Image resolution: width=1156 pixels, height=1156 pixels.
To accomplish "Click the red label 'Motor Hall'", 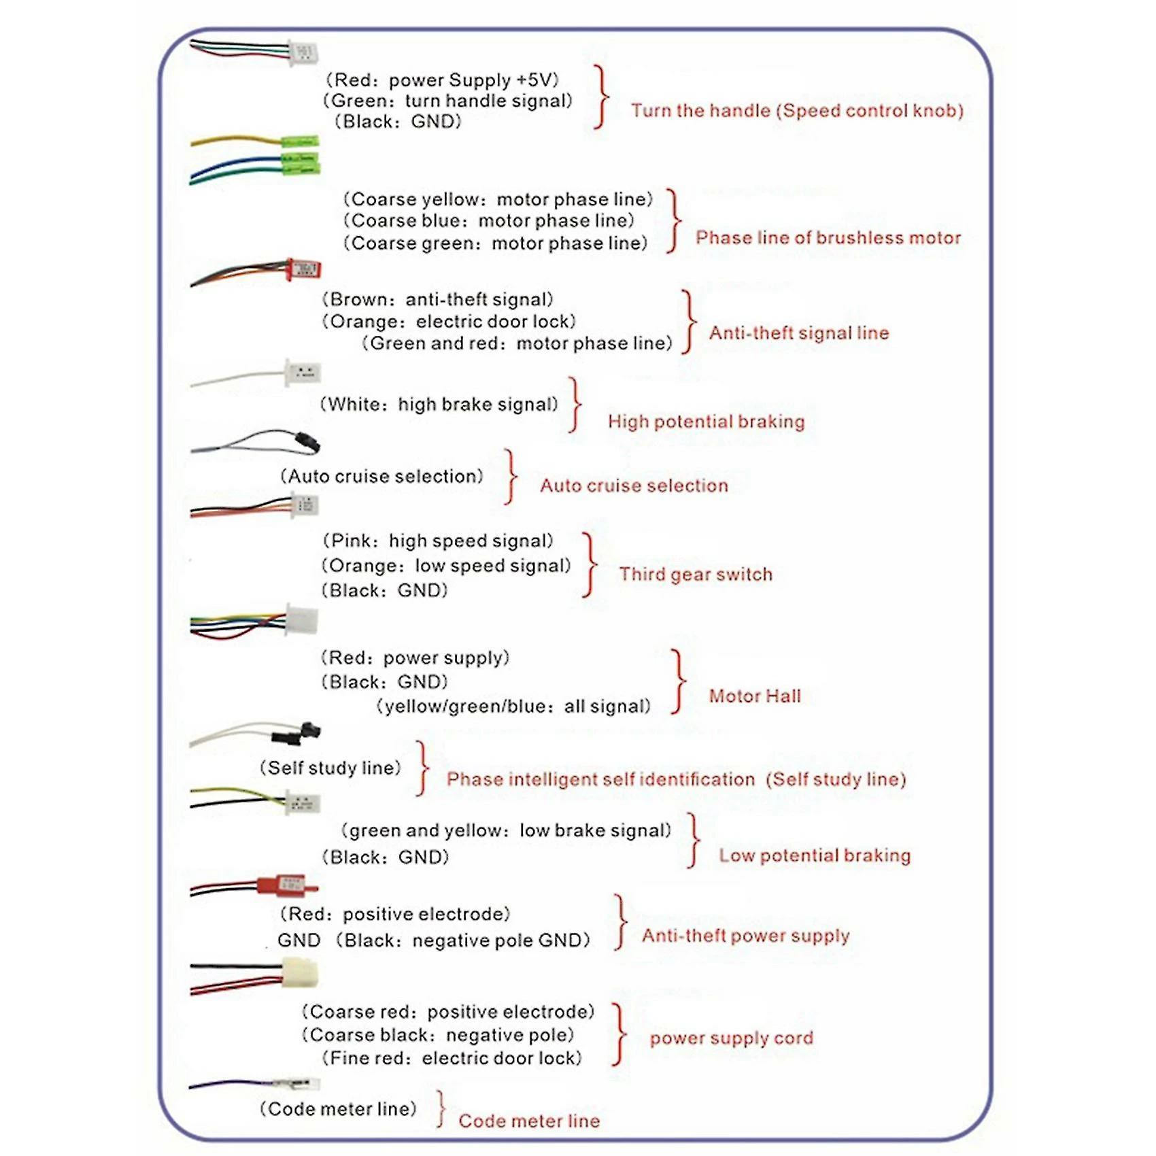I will [755, 696].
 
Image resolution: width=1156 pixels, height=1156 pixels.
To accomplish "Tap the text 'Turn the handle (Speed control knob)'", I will [797, 110].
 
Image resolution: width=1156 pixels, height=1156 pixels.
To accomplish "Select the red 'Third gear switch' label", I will [696, 574].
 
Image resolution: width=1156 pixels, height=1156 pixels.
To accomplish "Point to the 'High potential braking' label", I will [706, 421].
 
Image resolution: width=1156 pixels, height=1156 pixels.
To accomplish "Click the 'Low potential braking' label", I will [815, 855].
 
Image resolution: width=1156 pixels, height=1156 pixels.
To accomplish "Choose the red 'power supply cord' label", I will [731, 1038].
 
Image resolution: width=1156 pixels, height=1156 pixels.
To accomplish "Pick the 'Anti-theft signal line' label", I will [799, 333].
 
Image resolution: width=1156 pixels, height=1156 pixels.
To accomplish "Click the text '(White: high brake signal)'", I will [439, 404].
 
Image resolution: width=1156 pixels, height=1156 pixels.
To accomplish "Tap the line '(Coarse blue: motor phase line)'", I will [488, 220].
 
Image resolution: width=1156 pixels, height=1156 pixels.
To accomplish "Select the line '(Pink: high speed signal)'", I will [437, 541].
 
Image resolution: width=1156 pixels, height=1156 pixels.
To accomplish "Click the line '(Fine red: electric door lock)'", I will [452, 1057].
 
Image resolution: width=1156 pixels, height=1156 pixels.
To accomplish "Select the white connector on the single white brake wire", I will [303, 373].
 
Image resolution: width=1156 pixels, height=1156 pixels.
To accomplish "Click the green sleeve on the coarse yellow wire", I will [300, 141].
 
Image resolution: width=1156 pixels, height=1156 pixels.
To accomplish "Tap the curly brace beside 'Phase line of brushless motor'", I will [674, 221].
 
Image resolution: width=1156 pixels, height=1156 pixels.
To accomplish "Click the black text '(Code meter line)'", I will [338, 1108].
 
